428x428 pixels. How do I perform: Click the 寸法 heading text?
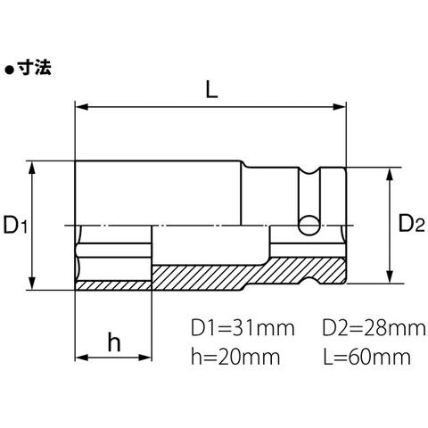[x=35, y=68]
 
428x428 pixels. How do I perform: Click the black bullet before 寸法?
[x=10, y=70]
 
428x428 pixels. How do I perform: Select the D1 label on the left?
[x=15, y=225]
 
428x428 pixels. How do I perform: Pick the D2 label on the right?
[x=411, y=224]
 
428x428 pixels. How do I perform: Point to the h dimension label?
[x=114, y=342]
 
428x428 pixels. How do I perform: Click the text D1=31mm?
[x=243, y=328]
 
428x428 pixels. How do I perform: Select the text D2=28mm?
[x=374, y=328]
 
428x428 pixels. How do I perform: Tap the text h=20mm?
[x=235, y=357]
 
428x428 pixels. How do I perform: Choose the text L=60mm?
[x=367, y=357]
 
